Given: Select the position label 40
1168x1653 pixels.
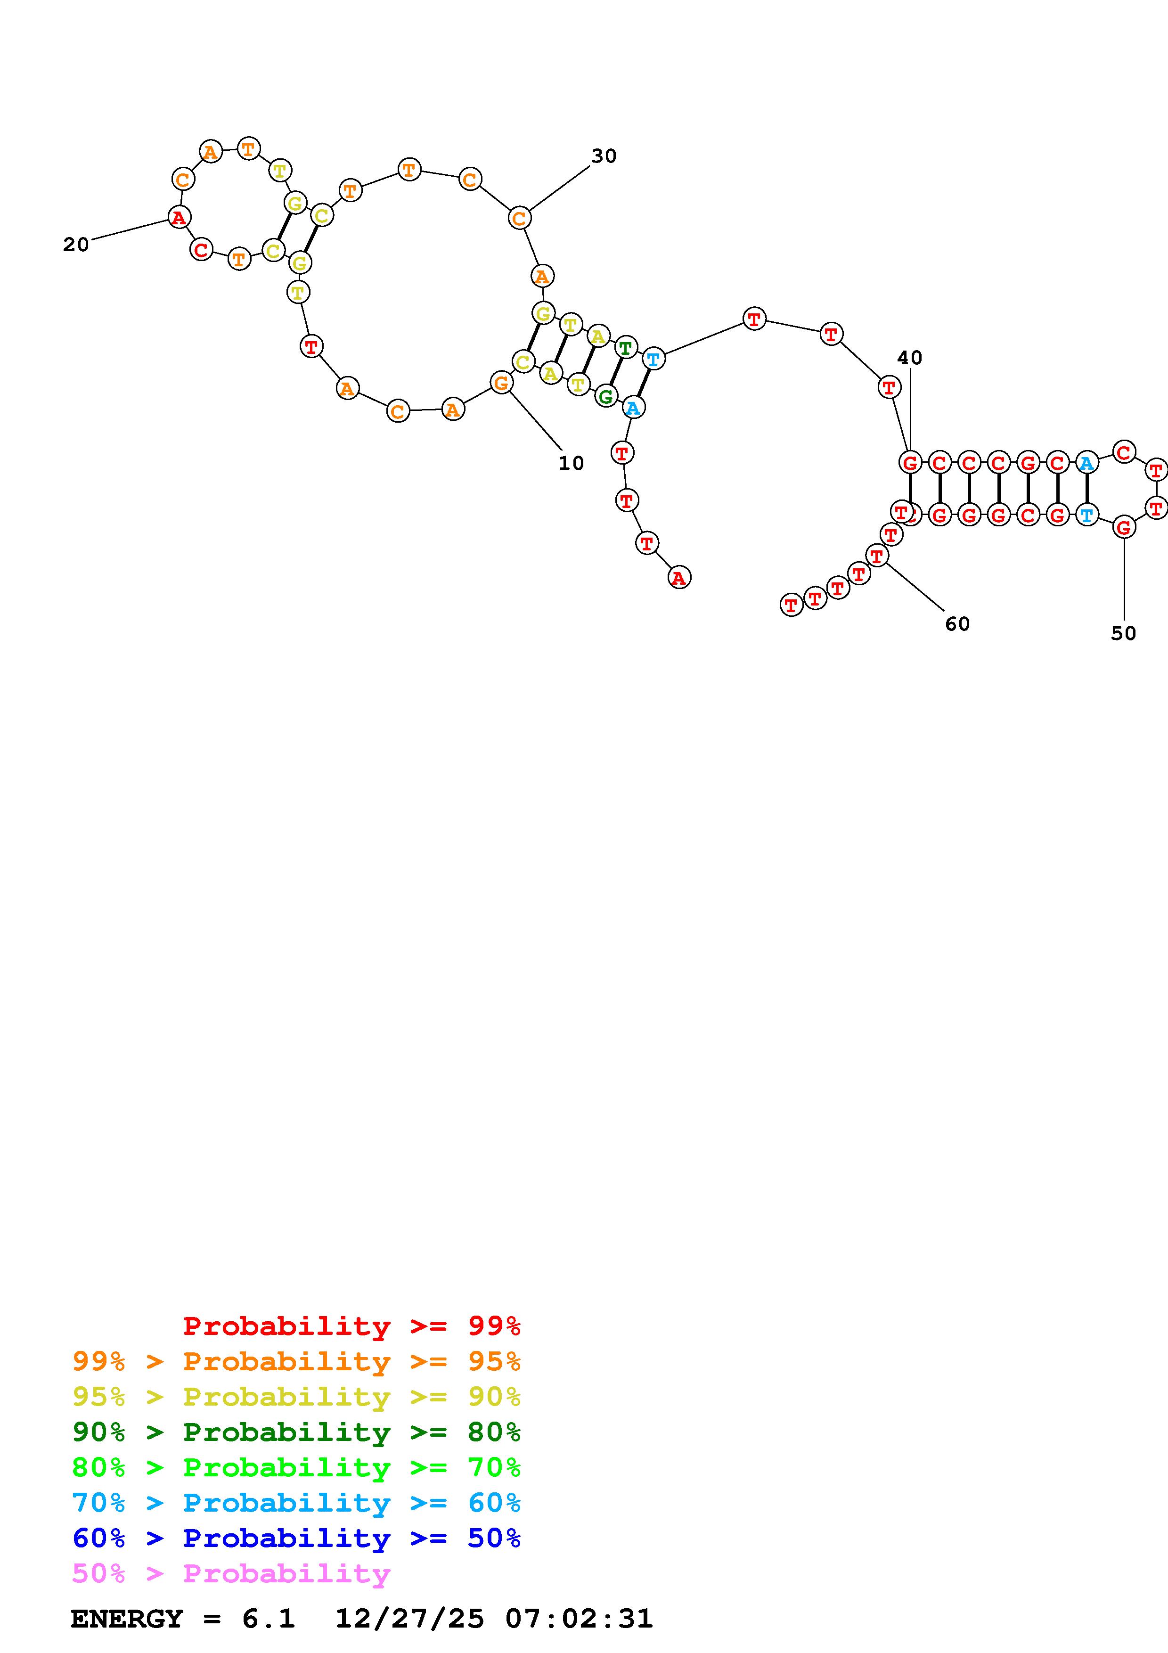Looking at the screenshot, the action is pos(910,357).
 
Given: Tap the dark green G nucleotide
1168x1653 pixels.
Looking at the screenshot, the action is pos(606,395).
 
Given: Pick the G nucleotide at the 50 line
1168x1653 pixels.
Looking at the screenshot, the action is pos(1123,528).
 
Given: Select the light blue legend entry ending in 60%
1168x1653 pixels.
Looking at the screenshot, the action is pos(296,1503).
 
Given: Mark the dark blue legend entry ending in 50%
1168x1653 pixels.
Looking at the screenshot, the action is pos(296,1538).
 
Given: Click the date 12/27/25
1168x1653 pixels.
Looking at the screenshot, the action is pos(409,1619).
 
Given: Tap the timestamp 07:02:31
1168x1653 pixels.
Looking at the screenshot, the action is pos(580,1619).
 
